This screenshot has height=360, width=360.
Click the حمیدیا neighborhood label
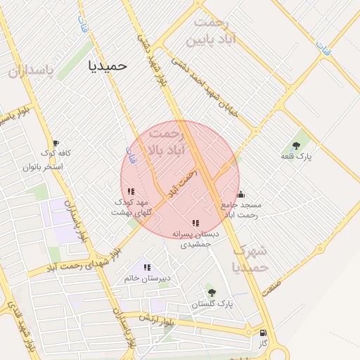coord(108,65)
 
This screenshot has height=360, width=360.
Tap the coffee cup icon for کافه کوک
coord(56,143)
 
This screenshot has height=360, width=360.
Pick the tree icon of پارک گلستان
coord(211,292)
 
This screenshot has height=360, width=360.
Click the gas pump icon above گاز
coord(264,333)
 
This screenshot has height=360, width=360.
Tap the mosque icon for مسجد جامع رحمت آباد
coord(240,194)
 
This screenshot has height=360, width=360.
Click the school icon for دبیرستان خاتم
coord(147,267)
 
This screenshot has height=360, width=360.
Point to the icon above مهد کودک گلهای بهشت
coord(131,191)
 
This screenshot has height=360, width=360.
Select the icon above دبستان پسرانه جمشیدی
coord(195,223)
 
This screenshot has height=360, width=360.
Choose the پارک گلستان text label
coord(212,304)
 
